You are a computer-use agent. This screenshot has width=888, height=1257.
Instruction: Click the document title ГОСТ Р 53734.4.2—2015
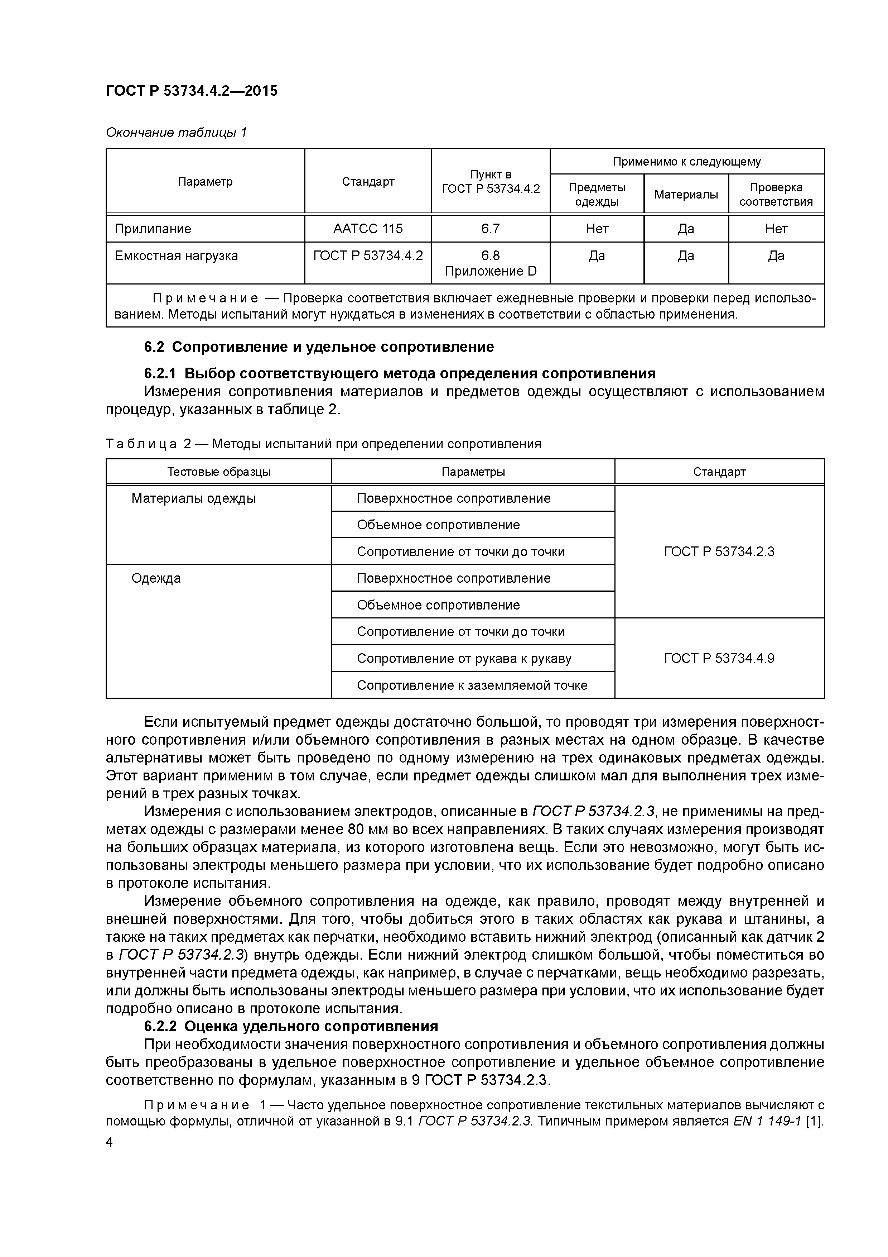coord(192,91)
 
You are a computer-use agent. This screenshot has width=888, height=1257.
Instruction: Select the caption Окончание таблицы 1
coord(176,133)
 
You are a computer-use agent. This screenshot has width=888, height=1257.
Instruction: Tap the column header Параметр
coord(205,181)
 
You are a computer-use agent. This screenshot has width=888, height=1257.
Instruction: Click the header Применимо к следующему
coord(687,162)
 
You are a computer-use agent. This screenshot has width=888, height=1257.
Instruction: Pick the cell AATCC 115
coord(368,229)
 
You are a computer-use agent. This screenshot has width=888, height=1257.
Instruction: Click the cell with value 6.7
coord(490,229)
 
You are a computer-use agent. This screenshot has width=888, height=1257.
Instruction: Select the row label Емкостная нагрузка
coord(176,256)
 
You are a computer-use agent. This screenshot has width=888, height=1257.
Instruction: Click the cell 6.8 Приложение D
coord(490,263)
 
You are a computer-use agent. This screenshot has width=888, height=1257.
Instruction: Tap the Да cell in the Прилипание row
coord(686,229)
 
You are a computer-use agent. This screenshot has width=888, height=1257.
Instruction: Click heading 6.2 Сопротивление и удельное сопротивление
coord(318,347)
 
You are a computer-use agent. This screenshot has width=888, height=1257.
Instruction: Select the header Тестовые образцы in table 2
coord(218,472)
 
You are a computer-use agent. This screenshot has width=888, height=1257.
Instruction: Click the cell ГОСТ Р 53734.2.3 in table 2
coord(719,551)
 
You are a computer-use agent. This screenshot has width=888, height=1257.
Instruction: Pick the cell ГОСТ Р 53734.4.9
coord(719,658)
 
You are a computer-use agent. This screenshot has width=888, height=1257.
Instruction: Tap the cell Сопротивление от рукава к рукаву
coord(464,658)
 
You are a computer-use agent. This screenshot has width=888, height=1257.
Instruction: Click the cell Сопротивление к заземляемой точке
coord(472,685)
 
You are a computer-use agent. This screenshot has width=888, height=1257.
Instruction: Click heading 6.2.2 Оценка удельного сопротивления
coord(291,1026)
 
